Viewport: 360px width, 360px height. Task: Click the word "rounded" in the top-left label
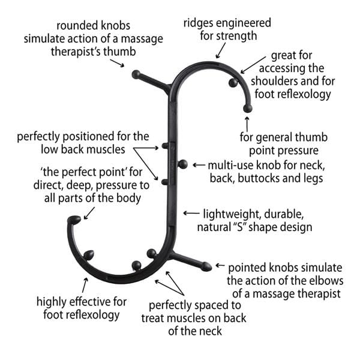pyautogui.click(x=74, y=26)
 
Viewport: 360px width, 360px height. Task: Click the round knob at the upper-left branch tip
pyautogui.click(x=136, y=75)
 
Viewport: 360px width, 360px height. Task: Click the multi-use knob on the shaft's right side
pyautogui.click(x=183, y=164)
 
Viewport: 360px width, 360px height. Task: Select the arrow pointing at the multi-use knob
pyautogui.click(x=197, y=164)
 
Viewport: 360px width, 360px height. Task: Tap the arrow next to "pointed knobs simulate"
pyautogui.click(x=220, y=265)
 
